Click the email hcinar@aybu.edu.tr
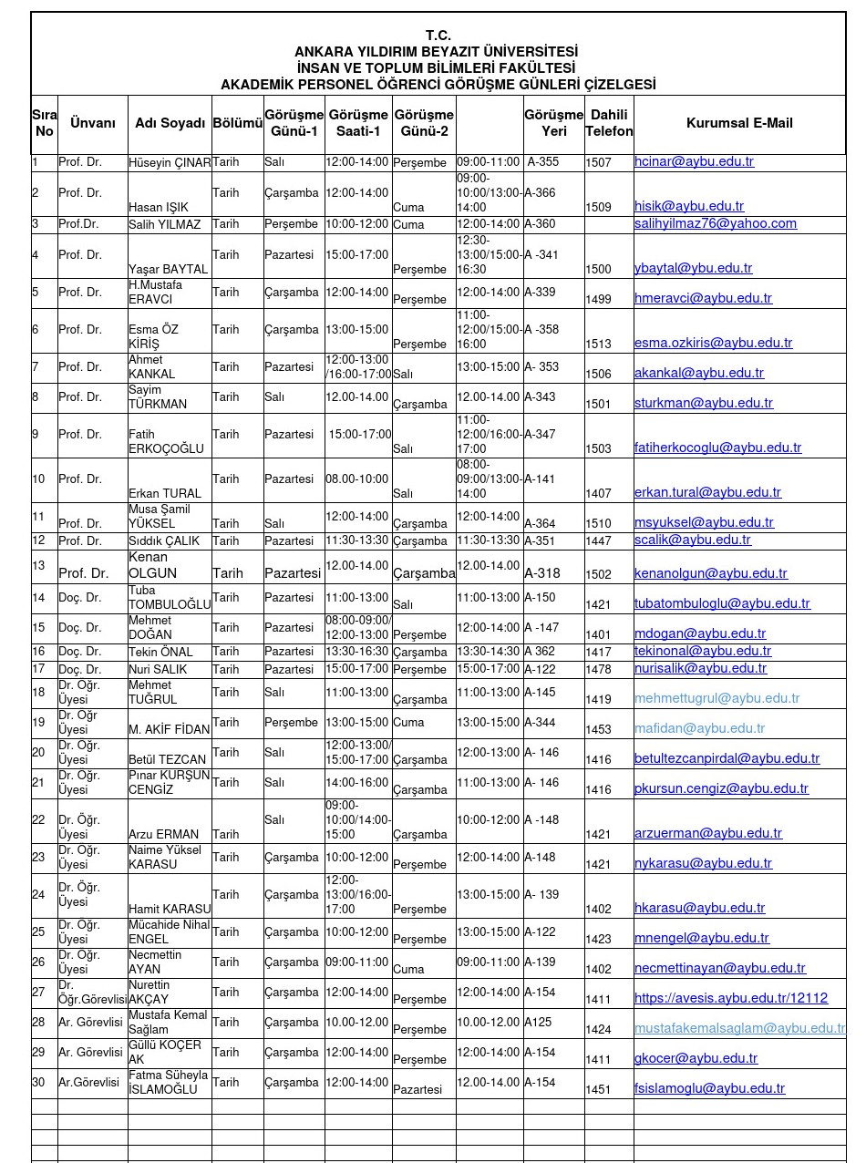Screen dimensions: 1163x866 pos(694,162)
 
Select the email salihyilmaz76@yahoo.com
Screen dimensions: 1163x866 pos(716,224)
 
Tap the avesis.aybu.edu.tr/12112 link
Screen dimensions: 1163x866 pos(731,998)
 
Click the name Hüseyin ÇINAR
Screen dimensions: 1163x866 pos(170,163)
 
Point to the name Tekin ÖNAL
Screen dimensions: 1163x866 pos(161,652)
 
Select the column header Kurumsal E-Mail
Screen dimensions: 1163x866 pos(739,123)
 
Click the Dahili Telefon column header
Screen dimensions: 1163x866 pos(609,123)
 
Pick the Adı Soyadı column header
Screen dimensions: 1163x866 pos(170,123)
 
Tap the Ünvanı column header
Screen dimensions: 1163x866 pos(93,123)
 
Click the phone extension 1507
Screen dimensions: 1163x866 pos(598,163)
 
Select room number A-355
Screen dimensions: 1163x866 pos(543,162)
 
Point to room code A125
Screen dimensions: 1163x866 pos(538,1023)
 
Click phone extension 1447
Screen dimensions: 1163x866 pos(598,541)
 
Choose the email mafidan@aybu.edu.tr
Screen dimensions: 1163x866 pos(699,728)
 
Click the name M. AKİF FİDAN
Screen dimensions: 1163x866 pos(170,729)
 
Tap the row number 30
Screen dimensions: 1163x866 pos(38,1083)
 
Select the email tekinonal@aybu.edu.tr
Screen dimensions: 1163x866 pos(703,651)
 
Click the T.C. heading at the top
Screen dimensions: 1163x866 pos(438,36)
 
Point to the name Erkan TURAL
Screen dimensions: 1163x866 pos(165,494)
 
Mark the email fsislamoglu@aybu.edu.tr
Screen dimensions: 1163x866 pos(709,1088)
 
